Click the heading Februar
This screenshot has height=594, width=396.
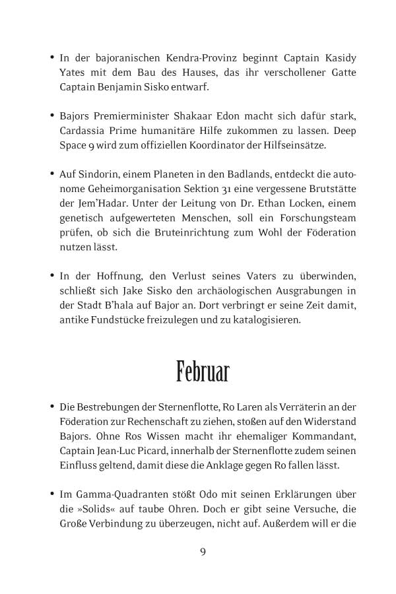[x=203, y=371]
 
